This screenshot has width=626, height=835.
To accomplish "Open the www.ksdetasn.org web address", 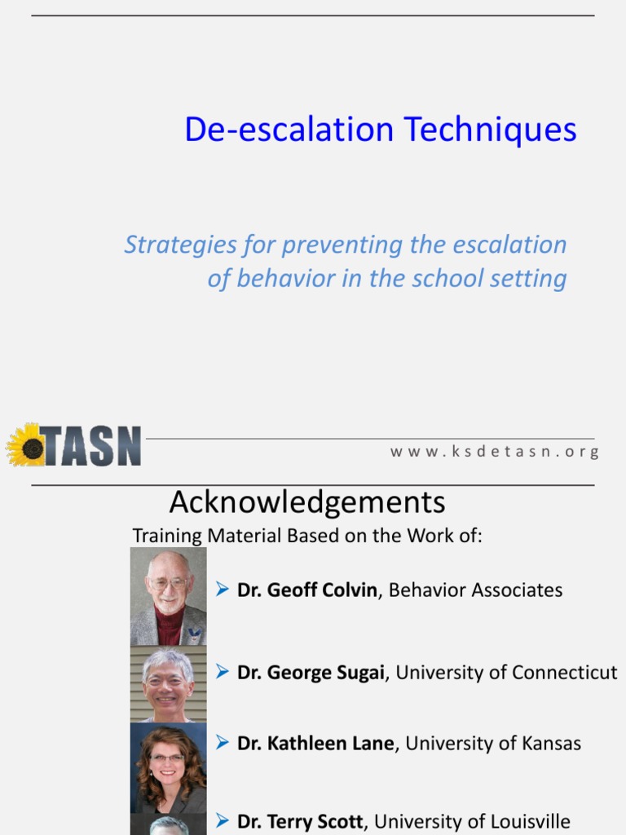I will (x=495, y=452).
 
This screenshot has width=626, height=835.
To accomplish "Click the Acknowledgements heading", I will (x=307, y=502).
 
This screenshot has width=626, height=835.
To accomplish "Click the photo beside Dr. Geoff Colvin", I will (x=168, y=596).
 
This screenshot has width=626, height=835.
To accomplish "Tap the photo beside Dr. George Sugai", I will (x=168, y=684).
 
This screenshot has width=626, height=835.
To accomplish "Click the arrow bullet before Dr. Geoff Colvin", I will (x=222, y=589).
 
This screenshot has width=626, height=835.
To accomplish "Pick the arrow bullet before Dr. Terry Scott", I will (x=222, y=820).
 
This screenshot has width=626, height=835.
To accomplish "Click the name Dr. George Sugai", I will (x=310, y=672).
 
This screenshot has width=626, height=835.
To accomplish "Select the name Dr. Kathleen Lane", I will (x=315, y=743).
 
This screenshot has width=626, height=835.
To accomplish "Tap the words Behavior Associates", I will (x=475, y=590).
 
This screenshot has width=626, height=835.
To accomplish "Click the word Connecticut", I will (x=563, y=672).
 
